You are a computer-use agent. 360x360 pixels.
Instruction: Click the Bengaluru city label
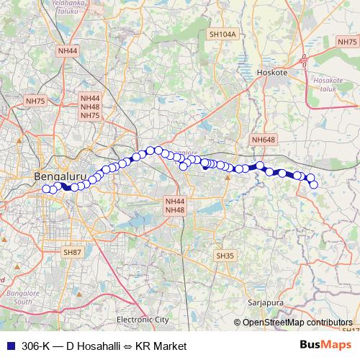(60, 176)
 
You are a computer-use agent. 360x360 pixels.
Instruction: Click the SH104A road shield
(222, 34)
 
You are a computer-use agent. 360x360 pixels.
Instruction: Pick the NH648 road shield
(264, 139)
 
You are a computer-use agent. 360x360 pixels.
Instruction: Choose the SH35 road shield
(225, 256)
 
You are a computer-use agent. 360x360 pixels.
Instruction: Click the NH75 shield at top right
(346, 42)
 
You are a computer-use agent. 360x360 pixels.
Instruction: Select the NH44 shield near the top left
(68, 51)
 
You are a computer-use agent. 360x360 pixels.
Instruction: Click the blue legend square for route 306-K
(9, 346)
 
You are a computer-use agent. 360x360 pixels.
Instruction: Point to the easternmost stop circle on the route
(314, 184)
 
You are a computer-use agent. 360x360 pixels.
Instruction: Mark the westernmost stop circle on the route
(46, 189)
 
